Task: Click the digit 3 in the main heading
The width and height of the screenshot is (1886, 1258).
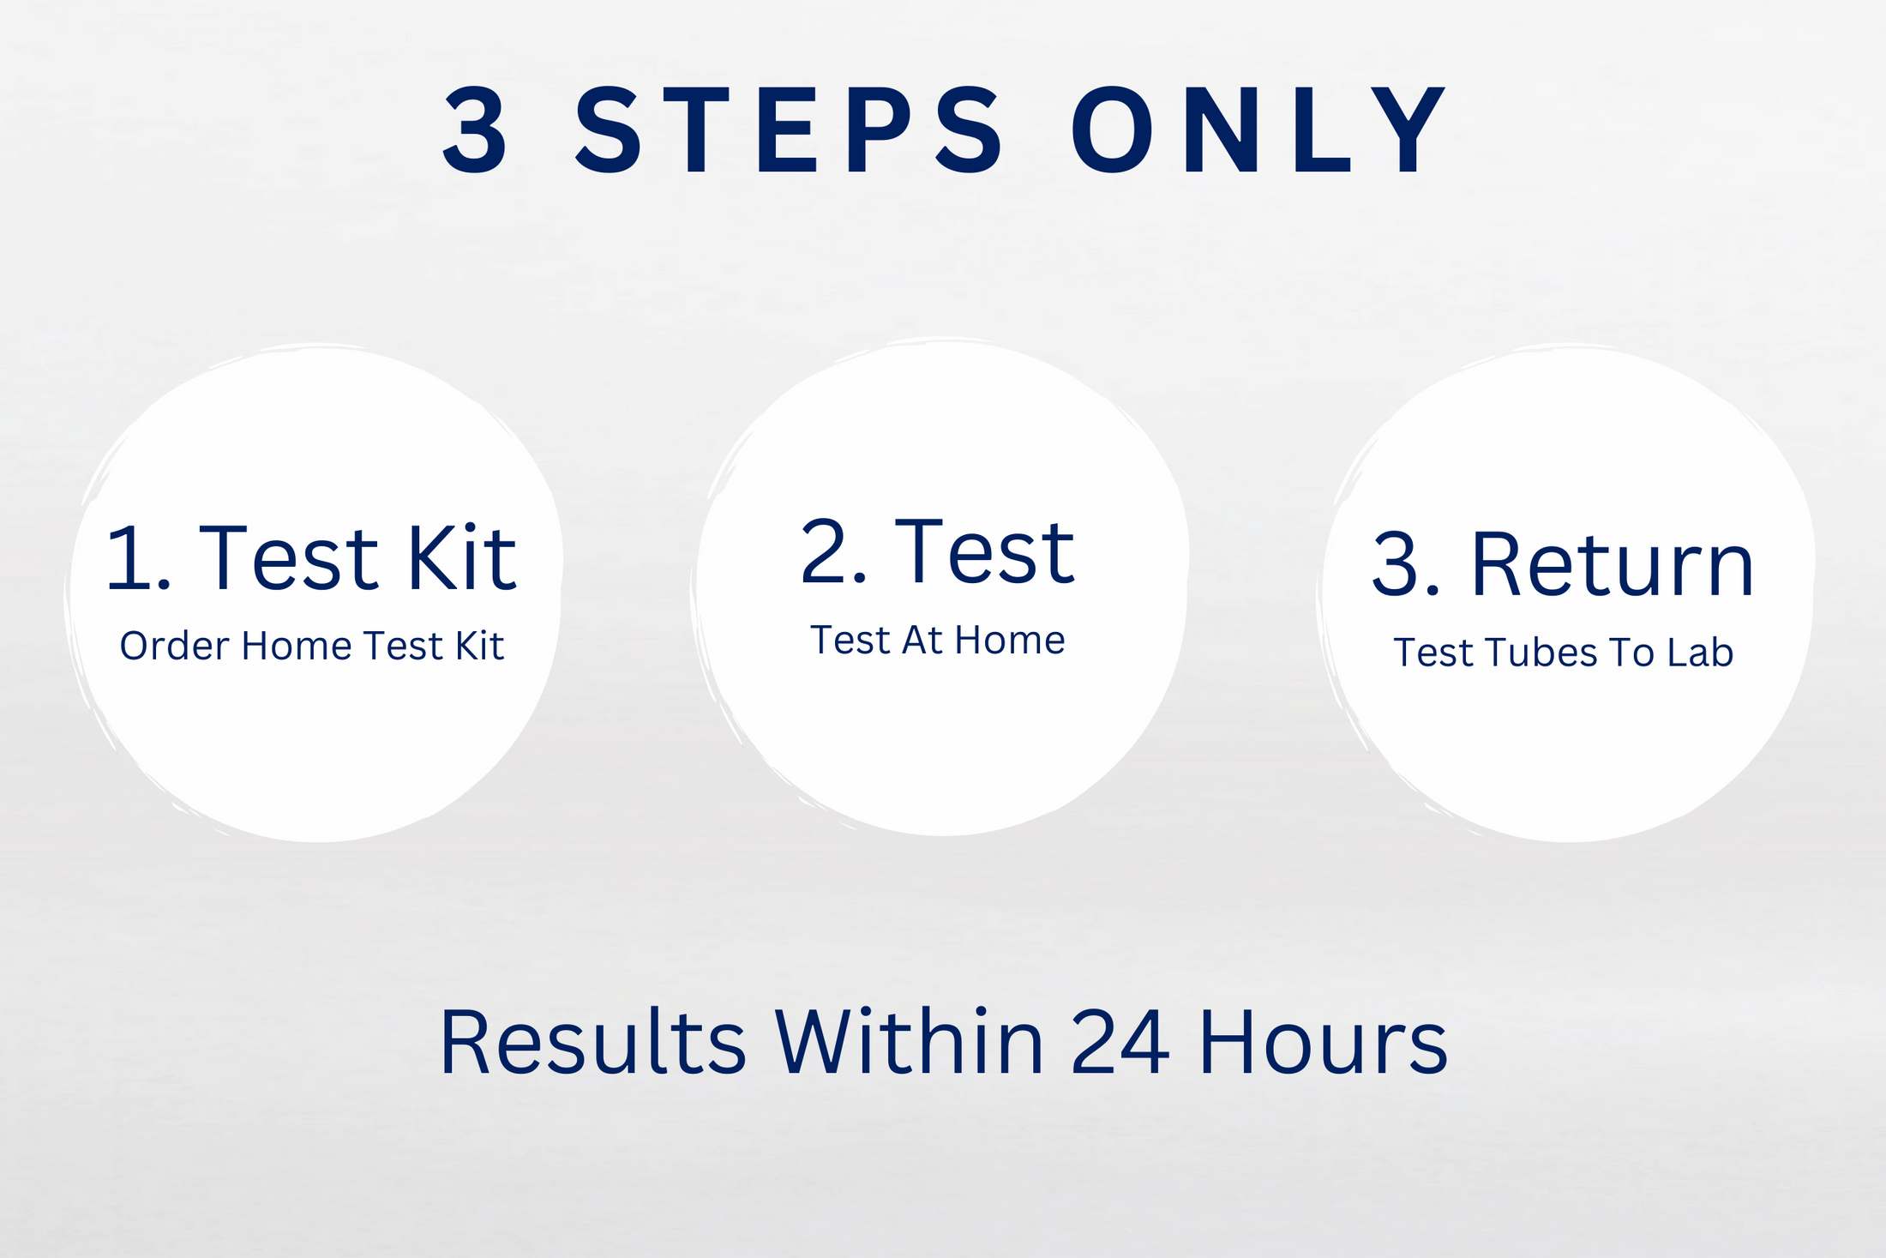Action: [x=476, y=130]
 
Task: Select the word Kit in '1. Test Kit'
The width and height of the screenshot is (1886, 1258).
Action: [x=461, y=558]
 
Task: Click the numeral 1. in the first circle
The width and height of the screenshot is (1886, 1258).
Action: [x=138, y=558]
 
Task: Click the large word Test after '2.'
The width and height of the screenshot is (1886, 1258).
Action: [x=984, y=553]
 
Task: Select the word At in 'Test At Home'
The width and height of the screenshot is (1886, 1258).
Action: [x=922, y=641]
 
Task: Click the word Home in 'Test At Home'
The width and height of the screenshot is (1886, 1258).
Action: [x=1010, y=641]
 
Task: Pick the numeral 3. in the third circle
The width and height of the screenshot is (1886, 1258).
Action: [x=1406, y=565]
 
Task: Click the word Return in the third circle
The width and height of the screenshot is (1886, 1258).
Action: [x=1613, y=565]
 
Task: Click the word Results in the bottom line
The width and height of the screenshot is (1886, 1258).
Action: [x=592, y=1043]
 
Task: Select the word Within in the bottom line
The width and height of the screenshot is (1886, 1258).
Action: [x=910, y=1043]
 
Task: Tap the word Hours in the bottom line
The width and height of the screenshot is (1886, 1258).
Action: [x=1323, y=1043]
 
